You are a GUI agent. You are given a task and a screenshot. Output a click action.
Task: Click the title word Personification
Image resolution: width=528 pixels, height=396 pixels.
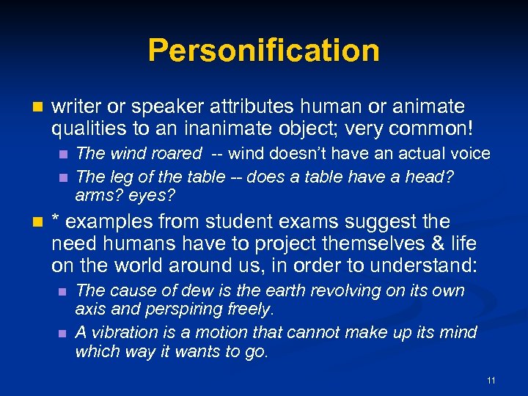[264, 51]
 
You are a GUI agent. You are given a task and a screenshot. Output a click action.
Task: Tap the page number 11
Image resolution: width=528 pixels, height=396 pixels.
[491, 380]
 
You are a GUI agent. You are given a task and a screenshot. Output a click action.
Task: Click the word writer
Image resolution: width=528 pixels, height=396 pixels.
[76, 107]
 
